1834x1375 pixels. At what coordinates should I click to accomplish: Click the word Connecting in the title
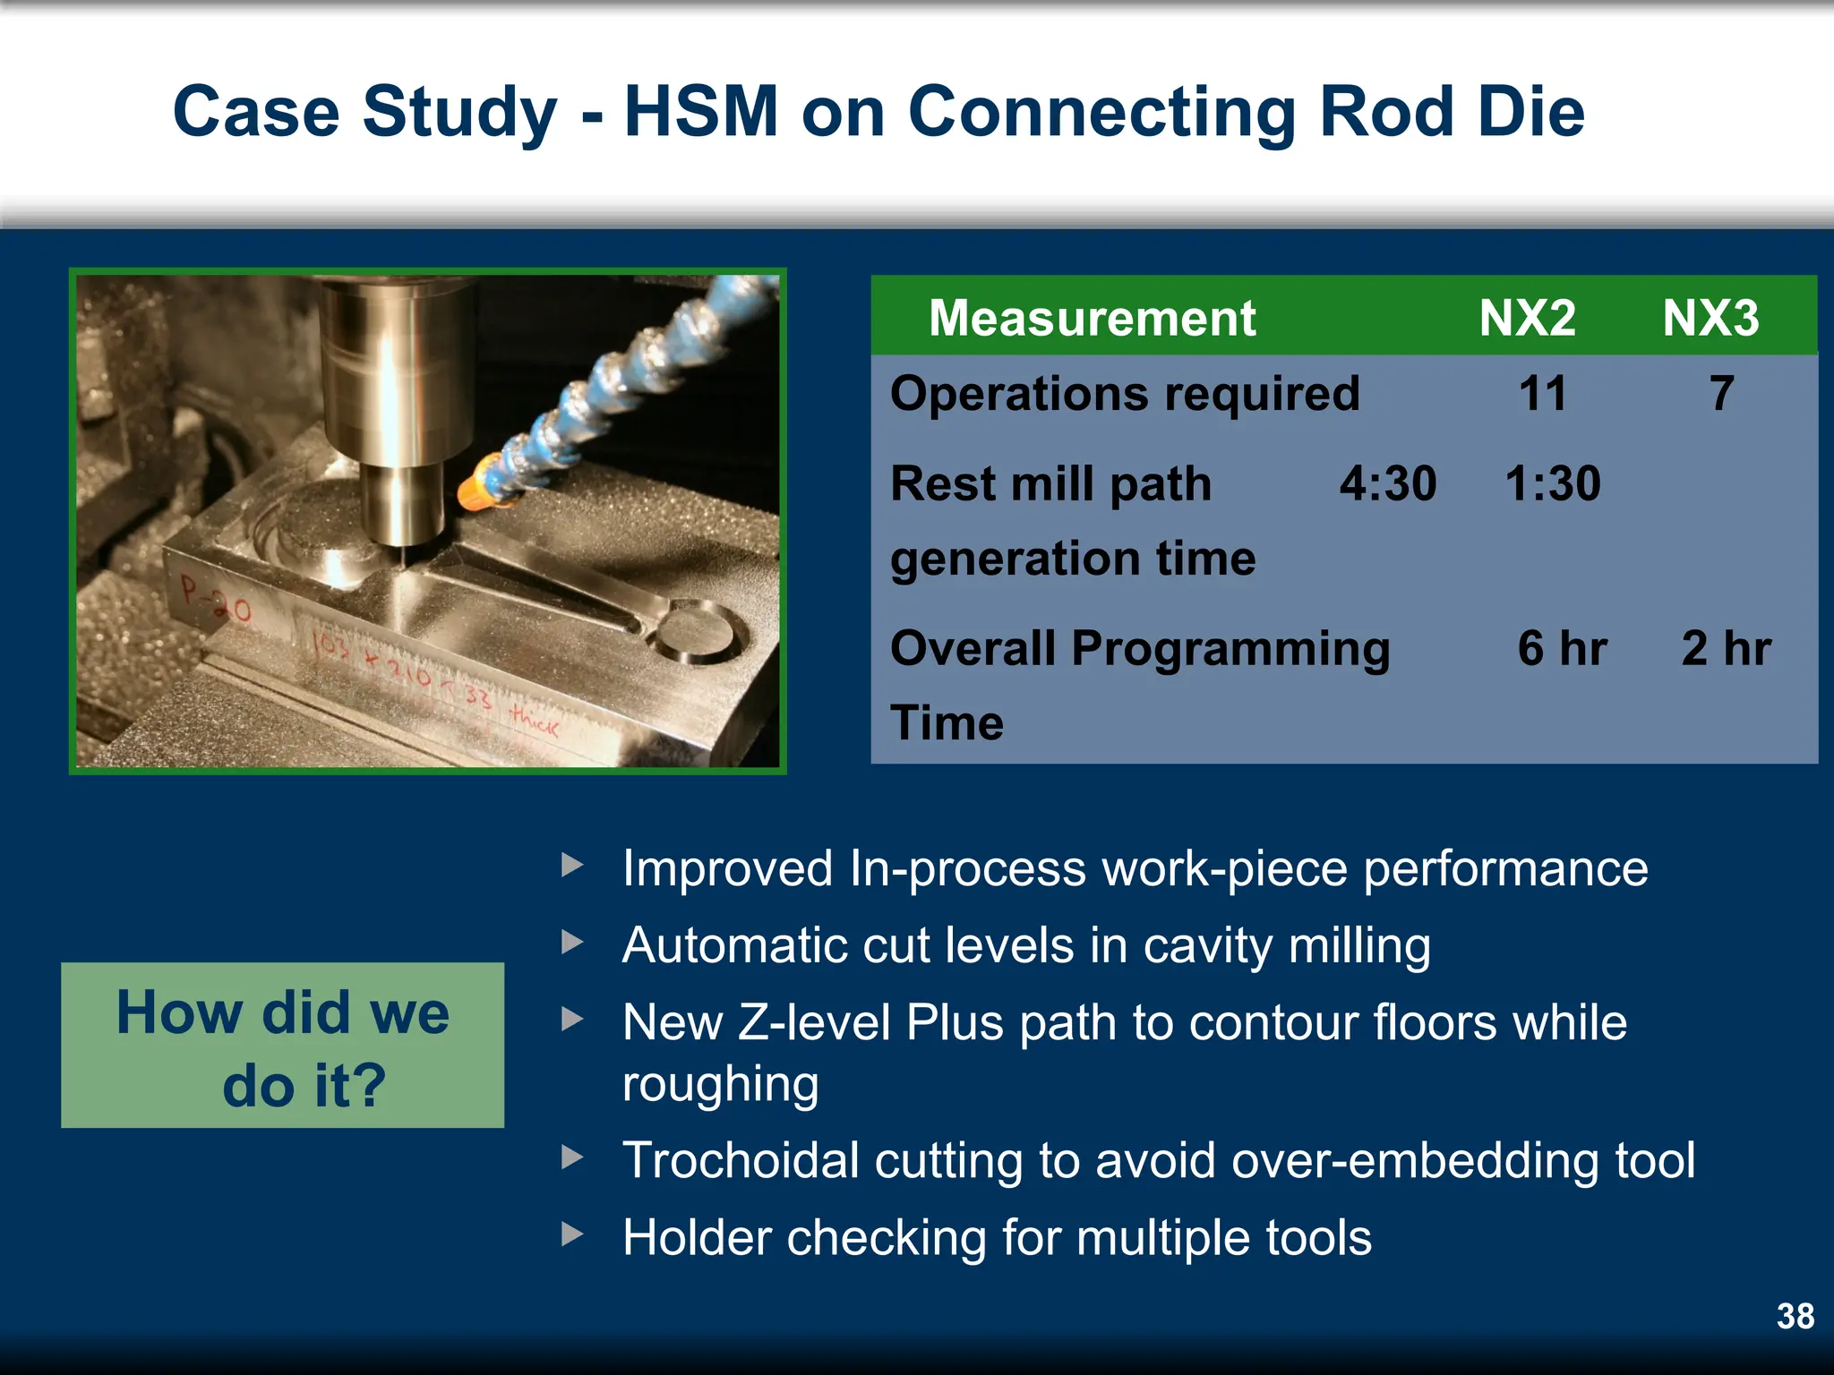(x=1101, y=112)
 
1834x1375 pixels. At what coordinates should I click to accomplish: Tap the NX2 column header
(x=1527, y=318)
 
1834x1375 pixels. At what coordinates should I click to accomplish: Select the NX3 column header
(x=1710, y=318)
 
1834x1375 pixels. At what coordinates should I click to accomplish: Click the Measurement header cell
(x=1092, y=318)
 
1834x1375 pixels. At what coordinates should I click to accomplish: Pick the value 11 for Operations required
(x=1542, y=394)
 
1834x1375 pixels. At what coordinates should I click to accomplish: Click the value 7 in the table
(x=1721, y=394)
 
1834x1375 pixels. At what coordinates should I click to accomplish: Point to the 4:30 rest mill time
(x=1388, y=483)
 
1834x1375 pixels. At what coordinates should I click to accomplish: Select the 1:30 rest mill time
(x=1552, y=483)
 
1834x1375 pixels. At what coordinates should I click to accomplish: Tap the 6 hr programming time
(x=1562, y=648)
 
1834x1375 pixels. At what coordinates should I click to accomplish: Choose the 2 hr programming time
(x=1726, y=648)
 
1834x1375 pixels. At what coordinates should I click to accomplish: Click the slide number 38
(x=1795, y=1316)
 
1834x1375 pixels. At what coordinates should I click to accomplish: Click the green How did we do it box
(x=282, y=1046)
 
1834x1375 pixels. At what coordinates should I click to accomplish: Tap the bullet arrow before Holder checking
(x=572, y=1234)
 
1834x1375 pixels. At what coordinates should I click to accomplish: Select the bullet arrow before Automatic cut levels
(x=572, y=942)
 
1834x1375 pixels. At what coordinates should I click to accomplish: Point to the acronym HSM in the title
(x=700, y=112)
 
